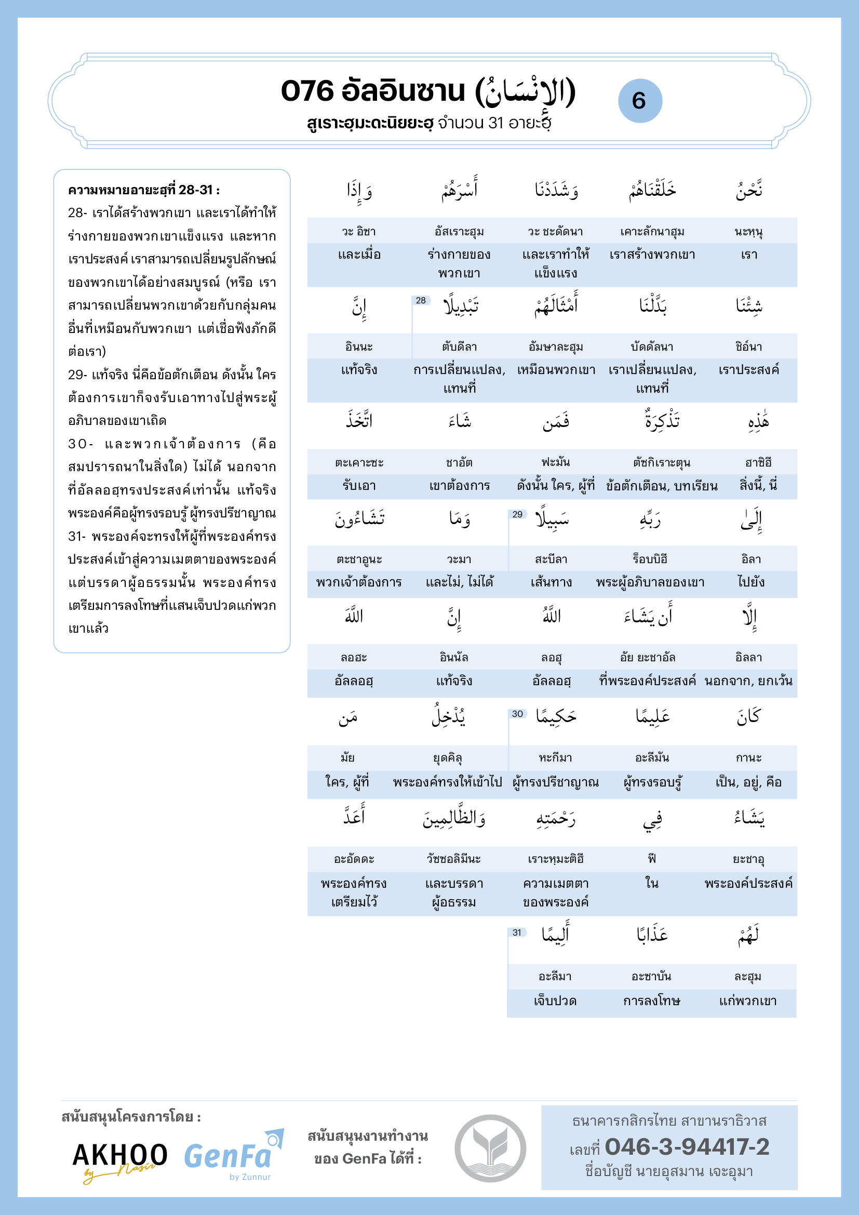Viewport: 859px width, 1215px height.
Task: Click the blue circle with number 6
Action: [639, 101]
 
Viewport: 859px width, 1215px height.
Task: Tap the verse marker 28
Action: [421, 301]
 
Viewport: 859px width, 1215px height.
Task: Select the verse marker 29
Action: [517, 514]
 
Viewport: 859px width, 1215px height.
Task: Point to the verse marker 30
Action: [517, 714]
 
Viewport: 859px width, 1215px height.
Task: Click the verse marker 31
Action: [517, 932]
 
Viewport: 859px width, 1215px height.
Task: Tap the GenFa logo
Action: [233, 1157]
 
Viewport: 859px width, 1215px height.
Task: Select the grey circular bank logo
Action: [490, 1149]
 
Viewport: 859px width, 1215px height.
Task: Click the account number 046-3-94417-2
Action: [687, 1147]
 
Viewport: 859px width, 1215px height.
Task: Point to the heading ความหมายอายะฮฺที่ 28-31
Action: [144, 190]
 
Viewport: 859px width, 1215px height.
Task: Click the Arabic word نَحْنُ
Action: [748, 190]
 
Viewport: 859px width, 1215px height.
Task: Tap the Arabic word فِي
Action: [652, 820]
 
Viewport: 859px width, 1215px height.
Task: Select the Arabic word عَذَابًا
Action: [652, 934]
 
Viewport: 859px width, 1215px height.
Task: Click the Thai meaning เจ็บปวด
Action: [555, 1000]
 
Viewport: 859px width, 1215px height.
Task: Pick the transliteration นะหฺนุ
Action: [748, 232]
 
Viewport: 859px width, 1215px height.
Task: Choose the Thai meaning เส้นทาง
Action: [551, 582]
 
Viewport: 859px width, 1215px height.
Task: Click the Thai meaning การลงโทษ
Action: [652, 1000]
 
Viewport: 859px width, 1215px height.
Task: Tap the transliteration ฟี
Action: [652, 858]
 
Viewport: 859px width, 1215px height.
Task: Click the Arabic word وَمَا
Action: [459, 519]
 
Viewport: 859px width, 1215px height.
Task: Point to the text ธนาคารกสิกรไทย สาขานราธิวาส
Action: [669, 1121]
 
